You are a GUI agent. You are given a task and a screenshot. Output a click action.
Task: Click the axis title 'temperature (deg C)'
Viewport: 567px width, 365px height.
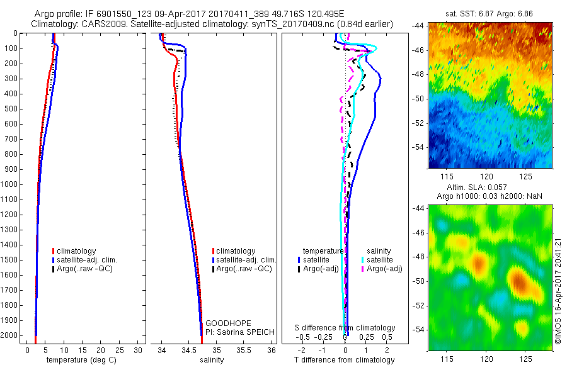81,360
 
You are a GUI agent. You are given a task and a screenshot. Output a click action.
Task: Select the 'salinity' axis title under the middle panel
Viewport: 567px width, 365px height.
211,360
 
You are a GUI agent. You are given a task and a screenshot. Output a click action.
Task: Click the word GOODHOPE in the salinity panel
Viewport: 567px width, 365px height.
223,323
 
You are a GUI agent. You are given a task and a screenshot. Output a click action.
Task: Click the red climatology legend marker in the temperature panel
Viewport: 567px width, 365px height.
54,251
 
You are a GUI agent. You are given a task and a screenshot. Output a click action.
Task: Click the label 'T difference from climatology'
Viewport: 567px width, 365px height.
345,360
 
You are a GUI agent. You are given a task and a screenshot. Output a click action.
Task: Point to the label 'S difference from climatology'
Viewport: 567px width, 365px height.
345,328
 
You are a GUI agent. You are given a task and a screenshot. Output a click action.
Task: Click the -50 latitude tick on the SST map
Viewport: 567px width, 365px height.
418,98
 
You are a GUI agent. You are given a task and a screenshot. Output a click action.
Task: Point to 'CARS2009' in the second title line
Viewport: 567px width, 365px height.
100,25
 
